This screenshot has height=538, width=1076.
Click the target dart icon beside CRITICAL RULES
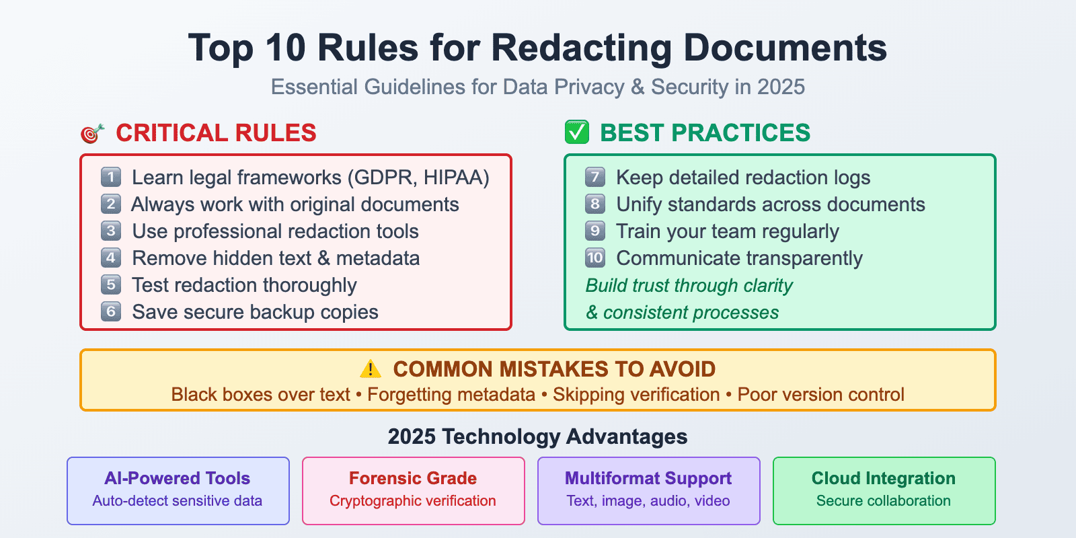[92, 133]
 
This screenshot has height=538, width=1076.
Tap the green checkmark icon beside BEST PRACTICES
[577, 132]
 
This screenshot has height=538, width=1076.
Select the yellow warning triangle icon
[371, 369]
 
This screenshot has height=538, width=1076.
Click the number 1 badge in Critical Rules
[111, 177]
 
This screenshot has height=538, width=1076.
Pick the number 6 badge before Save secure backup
[111, 311]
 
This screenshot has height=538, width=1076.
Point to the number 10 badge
[595, 258]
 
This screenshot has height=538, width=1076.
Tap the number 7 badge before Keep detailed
[595, 177]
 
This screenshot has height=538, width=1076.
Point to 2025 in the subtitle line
[781, 87]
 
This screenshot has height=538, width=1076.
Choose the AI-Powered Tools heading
[178, 478]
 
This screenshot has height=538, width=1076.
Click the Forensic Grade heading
[413, 478]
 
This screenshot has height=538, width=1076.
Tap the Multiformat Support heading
[648, 478]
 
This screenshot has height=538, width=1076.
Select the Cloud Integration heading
[884, 478]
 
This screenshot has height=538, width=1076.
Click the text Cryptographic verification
[413, 501]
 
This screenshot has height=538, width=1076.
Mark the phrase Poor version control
[820, 395]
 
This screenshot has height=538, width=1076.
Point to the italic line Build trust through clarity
[689, 285]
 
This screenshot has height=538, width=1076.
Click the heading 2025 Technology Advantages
[538, 436]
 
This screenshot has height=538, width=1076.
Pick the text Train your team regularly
[728, 231]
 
